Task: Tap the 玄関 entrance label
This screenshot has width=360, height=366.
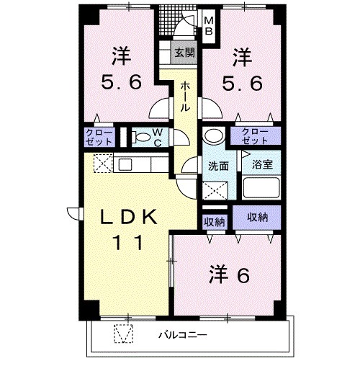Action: click(x=184, y=53)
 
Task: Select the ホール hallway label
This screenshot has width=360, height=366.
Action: click(x=184, y=95)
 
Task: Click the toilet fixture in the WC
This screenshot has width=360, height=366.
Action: click(x=141, y=136)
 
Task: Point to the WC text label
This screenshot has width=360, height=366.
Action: click(x=158, y=136)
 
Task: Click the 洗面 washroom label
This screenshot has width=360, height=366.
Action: click(x=218, y=165)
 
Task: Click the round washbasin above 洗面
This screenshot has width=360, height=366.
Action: click(x=214, y=135)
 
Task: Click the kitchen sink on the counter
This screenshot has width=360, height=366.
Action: click(x=125, y=164)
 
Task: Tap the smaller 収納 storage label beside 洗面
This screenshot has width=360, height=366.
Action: click(x=214, y=222)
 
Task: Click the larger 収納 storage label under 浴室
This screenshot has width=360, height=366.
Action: click(x=258, y=217)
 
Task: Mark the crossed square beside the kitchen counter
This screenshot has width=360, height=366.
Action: click(x=102, y=164)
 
